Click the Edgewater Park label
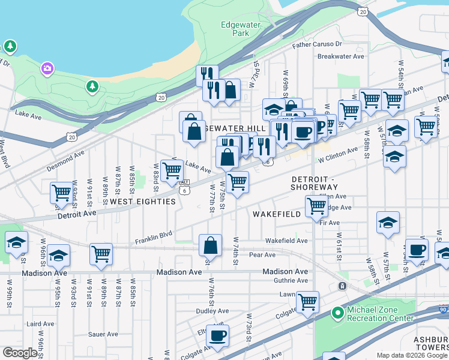click(x=235, y=29)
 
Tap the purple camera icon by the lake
click(x=47, y=69)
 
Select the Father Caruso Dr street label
click(x=317, y=44)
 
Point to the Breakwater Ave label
click(x=341, y=56)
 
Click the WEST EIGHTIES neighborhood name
click(x=143, y=202)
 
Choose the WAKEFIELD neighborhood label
click(x=276, y=214)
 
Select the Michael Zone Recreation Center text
click(x=381, y=314)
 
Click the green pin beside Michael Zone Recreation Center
click(x=338, y=313)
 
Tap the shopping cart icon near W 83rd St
click(x=172, y=170)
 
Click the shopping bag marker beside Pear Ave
click(x=210, y=245)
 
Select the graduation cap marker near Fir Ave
click(x=388, y=222)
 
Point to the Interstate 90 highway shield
click(x=442, y=309)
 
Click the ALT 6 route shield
click(x=184, y=187)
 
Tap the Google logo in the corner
click(x=20, y=353)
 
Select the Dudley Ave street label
click(x=212, y=311)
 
